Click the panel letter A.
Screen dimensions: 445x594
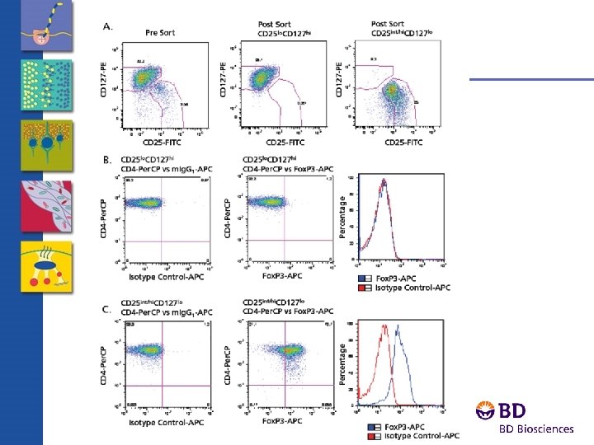click(107, 26)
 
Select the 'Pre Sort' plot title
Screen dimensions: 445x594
click(163, 33)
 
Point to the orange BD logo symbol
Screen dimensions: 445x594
click(487, 410)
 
